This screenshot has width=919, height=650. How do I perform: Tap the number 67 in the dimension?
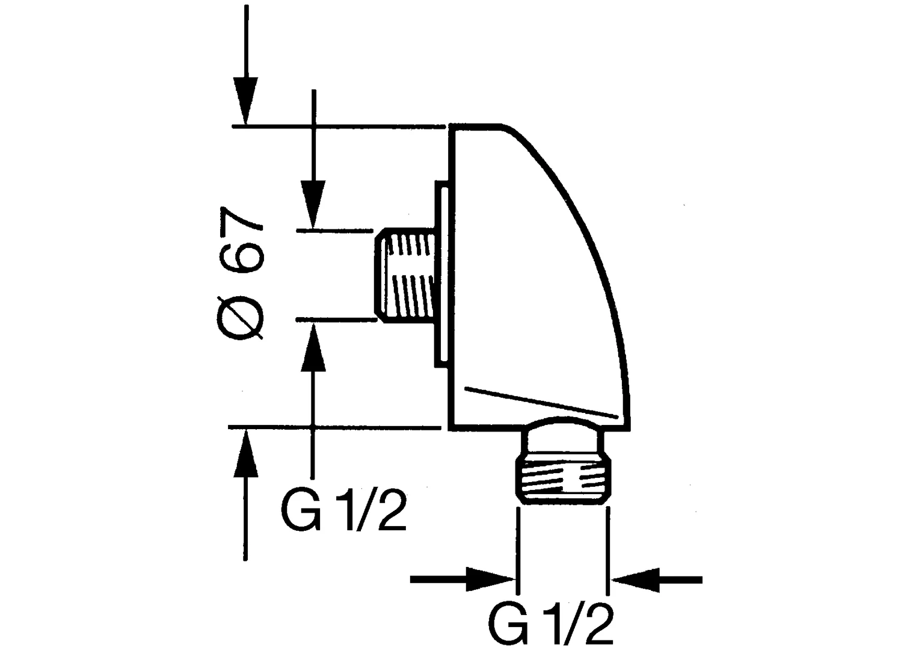coord(241,240)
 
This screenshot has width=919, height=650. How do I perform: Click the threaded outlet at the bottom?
coord(562,481)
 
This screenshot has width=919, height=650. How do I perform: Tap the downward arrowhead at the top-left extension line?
coord(245,101)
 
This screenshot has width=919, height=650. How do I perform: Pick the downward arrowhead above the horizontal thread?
coord(313,204)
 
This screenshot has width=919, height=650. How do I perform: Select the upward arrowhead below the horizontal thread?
coord(313,347)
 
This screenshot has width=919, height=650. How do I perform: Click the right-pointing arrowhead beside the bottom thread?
coord(491,580)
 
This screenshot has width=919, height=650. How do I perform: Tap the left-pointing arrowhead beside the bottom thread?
coord(635,580)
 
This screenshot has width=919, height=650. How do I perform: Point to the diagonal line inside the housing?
coord(541,402)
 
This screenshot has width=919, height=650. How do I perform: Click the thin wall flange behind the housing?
coord(442,274)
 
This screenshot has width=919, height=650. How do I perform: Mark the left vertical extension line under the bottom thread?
coord(518,550)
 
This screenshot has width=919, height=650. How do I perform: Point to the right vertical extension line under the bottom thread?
coord(607,550)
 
